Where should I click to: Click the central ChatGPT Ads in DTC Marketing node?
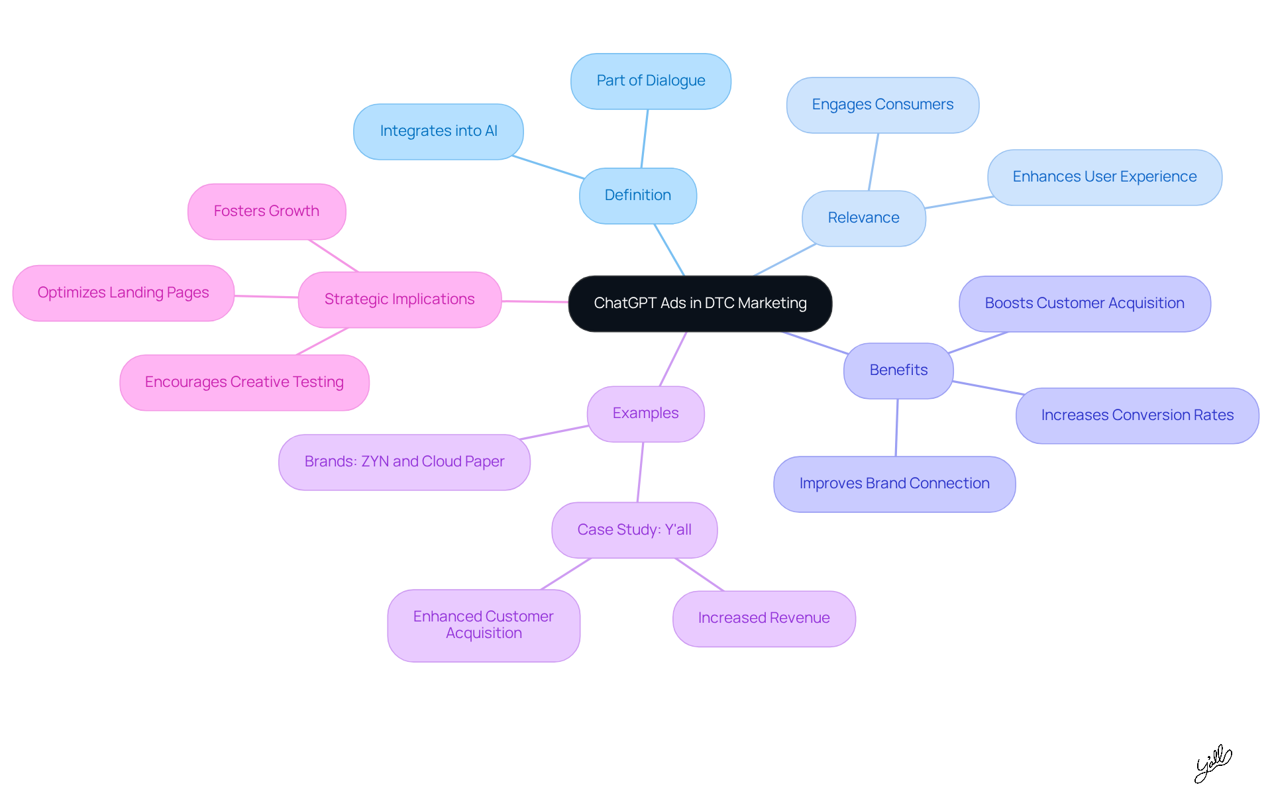pos(700,303)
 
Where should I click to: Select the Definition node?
pos(637,195)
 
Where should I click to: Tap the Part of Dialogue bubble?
pos(651,81)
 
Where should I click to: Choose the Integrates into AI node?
pos(438,131)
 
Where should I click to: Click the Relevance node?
pos(863,218)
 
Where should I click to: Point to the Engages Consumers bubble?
pos(882,105)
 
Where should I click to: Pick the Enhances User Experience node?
pos(1104,177)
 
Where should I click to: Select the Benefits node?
pos(898,370)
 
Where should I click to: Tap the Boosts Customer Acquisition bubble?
pos(1085,303)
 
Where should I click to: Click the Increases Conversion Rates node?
pos(1137,415)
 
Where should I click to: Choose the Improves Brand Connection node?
pos(894,484)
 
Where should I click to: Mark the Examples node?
pos(645,413)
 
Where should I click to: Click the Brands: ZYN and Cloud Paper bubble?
pos(404,462)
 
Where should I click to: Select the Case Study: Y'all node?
pos(634,530)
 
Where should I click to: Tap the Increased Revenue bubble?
pos(764,618)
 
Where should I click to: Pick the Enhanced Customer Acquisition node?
pos(484,625)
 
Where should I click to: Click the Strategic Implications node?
pos(399,299)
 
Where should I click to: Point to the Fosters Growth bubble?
pos(266,211)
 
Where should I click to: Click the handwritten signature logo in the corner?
pos(1212,763)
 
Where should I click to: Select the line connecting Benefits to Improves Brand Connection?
pos(897,427)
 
